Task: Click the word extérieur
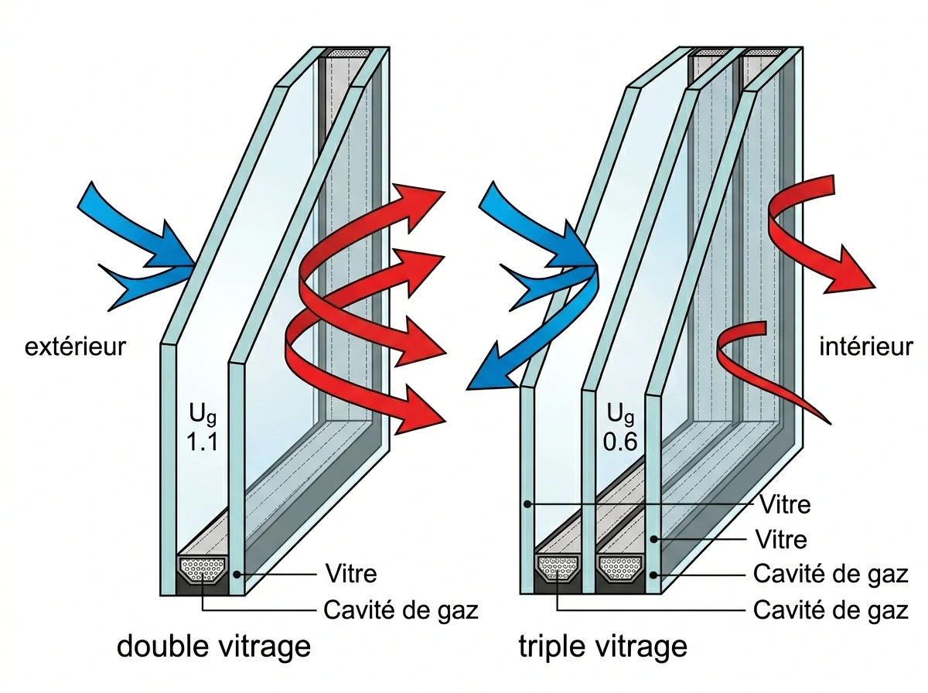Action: click(75, 347)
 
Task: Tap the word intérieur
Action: click(866, 347)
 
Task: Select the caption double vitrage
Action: click(213, 647)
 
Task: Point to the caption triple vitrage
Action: click(603, 647)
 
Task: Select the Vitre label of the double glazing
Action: click(351, 575)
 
